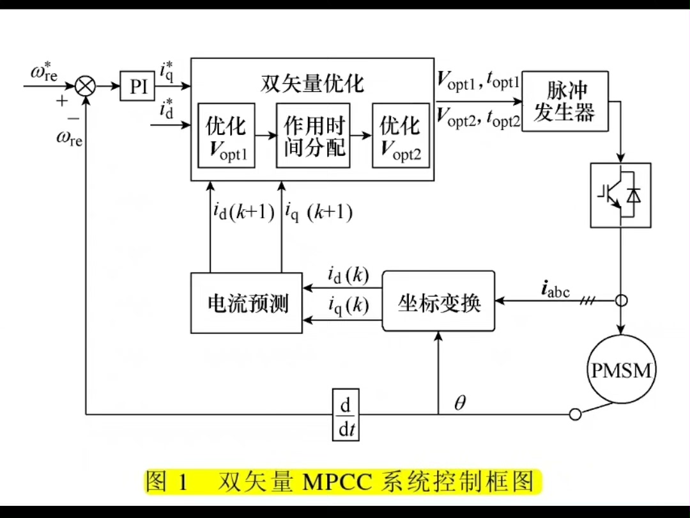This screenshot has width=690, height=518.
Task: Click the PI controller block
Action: tap(138, 86)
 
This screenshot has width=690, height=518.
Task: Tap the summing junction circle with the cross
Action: tap(85, 86)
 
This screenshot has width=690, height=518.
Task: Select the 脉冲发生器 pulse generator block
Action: tap(565, 101)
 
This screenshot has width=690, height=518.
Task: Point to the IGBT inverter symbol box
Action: tap(620, 195)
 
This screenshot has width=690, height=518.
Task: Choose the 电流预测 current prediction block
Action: tap(247, 303)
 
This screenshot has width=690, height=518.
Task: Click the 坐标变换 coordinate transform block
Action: tap(438, 301)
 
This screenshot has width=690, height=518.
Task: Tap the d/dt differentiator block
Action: tap(346, 414)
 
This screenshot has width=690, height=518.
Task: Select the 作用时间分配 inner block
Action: tap(313, 136)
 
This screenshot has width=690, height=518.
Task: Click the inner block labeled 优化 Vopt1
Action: tap(226, 136)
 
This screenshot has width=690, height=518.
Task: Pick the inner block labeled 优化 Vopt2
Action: tap(401, 136)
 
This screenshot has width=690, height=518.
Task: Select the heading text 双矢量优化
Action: tap(312, 84)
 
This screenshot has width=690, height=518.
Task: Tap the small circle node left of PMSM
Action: tap(575, 414)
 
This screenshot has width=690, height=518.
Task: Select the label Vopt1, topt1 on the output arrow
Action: tap(479, 80)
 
